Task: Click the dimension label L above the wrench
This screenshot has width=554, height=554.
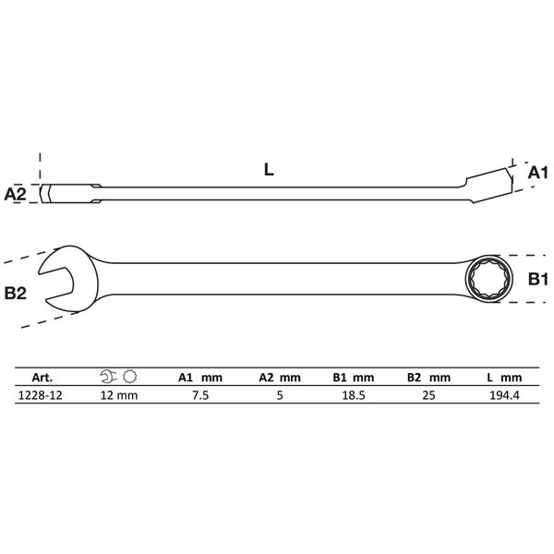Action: click(269, 170)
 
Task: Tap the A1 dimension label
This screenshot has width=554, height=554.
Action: click(537, 174)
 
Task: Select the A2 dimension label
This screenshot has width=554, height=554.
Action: click(15, 194)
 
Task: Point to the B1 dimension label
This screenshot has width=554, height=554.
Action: click(537, 279)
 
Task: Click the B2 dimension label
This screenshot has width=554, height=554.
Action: click(15, 294)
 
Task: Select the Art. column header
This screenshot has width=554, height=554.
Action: click(42, 378)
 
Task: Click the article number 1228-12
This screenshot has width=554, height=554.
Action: click(40, 395)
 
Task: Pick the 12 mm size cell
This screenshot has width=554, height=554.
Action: click(119, 395)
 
